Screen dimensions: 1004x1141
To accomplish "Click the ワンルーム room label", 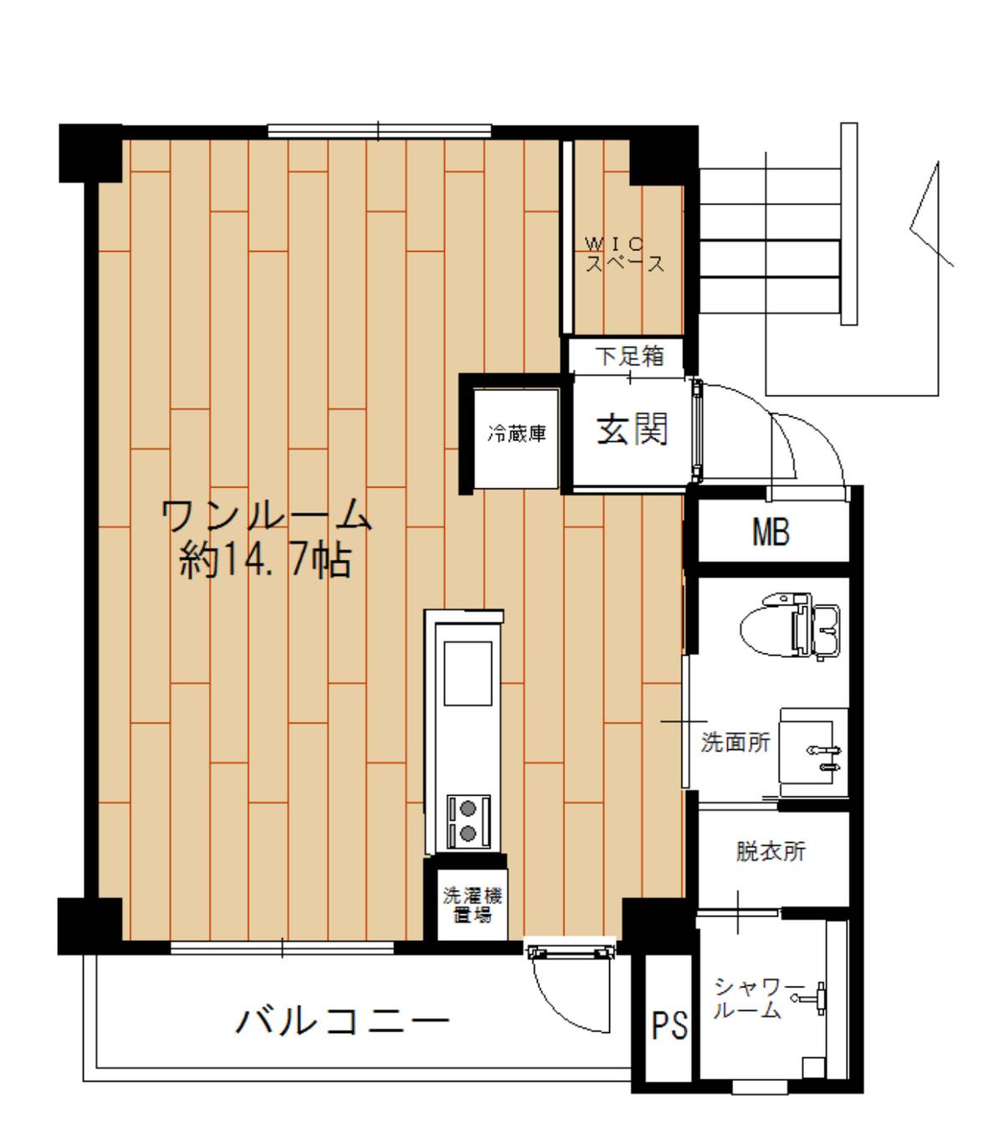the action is click(266, 515).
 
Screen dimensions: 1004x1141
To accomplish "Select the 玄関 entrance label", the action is click(632, 429).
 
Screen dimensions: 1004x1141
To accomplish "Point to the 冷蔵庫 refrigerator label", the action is click(516, 434).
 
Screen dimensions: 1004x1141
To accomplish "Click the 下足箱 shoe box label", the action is click(629, 356).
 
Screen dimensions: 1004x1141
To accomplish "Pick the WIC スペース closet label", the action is click(625, 254).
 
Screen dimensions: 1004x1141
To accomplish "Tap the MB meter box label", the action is click(771, 532).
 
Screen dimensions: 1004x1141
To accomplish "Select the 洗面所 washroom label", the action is click(735, 743).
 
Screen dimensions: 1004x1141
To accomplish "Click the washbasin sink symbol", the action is click(813, 753).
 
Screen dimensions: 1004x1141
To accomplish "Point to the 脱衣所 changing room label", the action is click(771, 851).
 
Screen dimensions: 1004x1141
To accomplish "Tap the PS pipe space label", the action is click(669, 1025).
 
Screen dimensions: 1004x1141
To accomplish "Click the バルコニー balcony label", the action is click(342, 1020).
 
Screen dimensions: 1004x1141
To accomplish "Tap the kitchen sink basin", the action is click(468, 673).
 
